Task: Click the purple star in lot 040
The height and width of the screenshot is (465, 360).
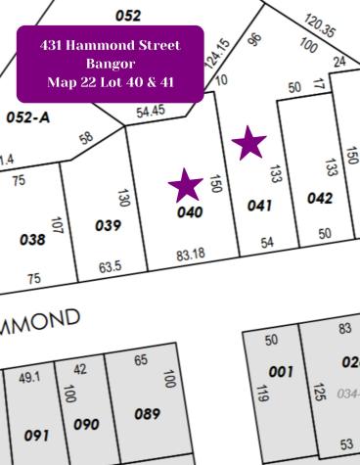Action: [185, 184]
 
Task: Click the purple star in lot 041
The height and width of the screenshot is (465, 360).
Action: [249, 143]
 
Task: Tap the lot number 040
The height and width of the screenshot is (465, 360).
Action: [190, 212]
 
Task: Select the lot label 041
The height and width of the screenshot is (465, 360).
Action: [258, 206]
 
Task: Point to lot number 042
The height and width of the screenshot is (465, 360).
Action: [320, 198]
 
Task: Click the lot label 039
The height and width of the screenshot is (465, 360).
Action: [108, 225]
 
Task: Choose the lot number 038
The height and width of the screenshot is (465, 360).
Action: [31, 239]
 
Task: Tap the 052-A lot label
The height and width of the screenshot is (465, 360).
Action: [27, 117]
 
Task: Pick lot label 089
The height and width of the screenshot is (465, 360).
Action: [146, 414]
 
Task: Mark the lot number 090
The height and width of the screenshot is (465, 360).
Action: [87, 424]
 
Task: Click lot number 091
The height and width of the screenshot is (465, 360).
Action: [36, 435]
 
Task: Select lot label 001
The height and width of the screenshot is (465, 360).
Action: [281, 372]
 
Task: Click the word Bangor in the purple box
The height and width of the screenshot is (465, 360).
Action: [109, 63]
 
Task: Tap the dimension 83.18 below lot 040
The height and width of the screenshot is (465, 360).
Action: [191, 255]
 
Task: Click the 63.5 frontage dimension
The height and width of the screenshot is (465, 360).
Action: [110, 265]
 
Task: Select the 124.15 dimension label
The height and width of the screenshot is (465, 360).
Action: [216, 53]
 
